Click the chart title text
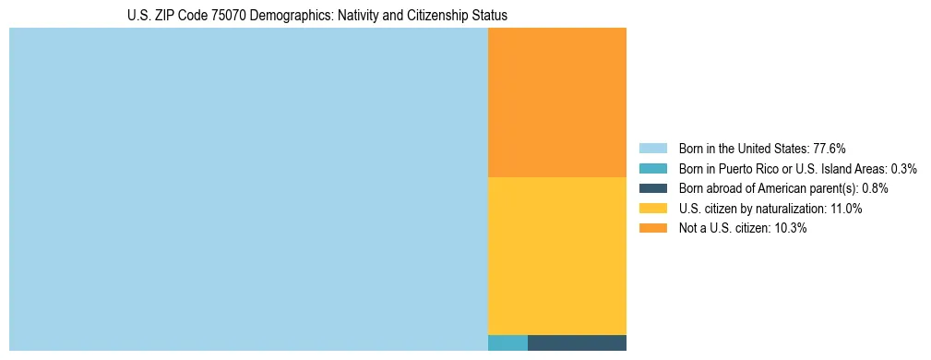316,16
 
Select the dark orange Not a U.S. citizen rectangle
556,102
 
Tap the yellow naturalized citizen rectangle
556,255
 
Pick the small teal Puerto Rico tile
507,342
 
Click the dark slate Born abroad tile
577,342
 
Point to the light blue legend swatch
652,148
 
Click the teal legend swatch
652,168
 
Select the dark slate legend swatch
652,188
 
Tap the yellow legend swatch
652,209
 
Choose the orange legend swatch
652,228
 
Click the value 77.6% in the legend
830,148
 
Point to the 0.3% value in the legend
903,168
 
